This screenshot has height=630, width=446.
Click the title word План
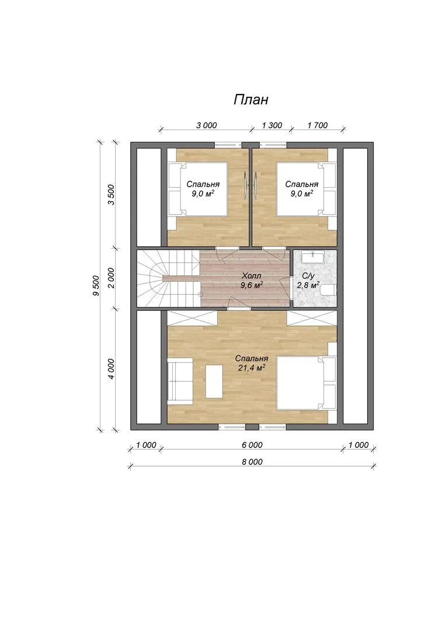250,100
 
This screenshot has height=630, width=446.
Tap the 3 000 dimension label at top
206,125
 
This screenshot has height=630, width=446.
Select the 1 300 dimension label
272,125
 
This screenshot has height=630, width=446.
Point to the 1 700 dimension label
318,125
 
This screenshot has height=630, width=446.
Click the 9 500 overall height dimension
96,286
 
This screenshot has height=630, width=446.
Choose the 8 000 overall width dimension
252,462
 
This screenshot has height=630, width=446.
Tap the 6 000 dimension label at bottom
252,445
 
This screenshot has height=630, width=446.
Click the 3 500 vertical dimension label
111,195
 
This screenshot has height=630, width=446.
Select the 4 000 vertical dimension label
111,369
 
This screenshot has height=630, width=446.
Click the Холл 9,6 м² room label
252,281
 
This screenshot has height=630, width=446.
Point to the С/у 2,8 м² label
308,281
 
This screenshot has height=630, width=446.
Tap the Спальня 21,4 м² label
252,363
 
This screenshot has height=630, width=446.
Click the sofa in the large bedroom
180,380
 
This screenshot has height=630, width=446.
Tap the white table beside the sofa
214,381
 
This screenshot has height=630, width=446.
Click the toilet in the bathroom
330,291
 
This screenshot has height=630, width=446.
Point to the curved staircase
169,278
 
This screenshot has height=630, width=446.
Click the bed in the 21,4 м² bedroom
306,383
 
